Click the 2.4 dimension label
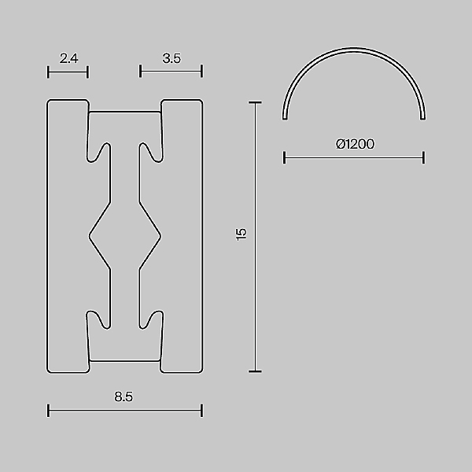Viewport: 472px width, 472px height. point(68,57)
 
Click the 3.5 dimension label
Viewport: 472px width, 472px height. point(171,57)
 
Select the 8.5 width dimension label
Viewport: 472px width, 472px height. point(124,397)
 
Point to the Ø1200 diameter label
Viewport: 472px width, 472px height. point(354,144)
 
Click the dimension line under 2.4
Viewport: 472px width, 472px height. point(68,72)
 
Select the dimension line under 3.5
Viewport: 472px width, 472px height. point(171,72)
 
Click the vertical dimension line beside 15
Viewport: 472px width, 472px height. point(255,236)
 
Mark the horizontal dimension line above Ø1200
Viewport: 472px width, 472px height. point(354,158)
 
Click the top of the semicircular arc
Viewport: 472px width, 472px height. point(354,50)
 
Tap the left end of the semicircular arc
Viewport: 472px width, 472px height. point(285,118)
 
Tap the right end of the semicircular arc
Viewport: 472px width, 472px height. point(423,118)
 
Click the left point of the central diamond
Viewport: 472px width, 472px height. point(89,234)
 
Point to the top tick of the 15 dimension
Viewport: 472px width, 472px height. point(255,101)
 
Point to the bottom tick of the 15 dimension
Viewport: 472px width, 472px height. point(255,371)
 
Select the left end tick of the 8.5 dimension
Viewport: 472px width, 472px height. point(48,410)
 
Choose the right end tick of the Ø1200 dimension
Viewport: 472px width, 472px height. point(423,158)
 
